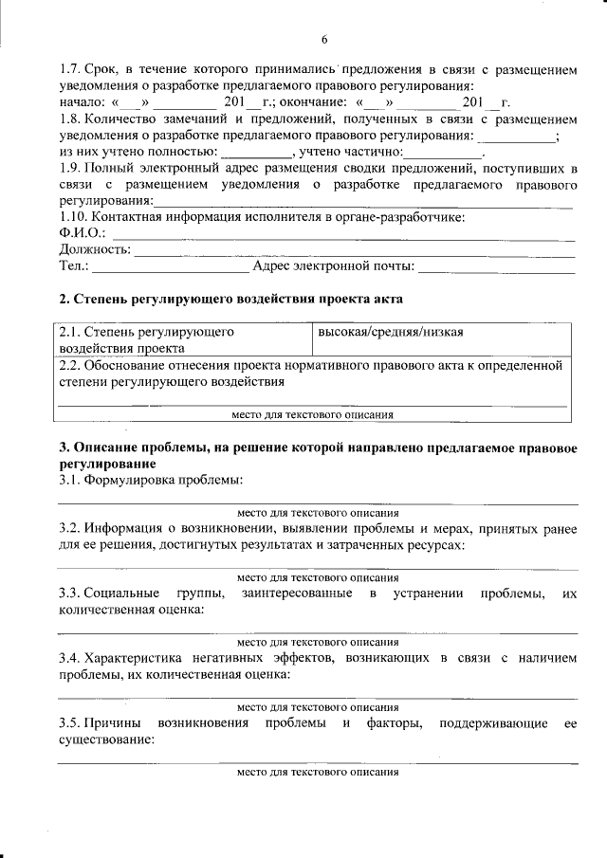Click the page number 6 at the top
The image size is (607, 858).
coord(323,39)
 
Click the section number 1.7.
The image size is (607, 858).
coord(68,71)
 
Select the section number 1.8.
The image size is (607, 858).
coord(68,119)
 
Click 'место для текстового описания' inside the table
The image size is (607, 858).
coord(313,414)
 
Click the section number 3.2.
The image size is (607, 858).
coord(68,528)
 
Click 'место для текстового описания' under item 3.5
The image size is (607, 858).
coord(318,772)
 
